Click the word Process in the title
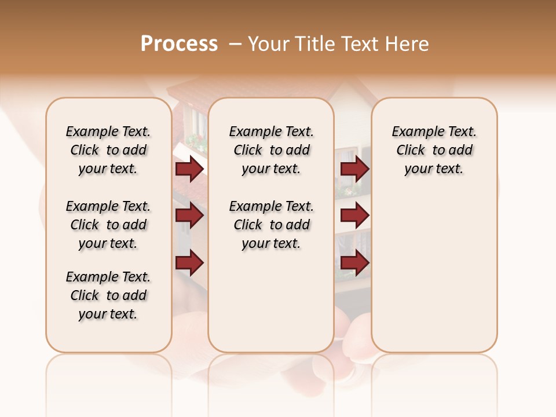[x=179, y=44]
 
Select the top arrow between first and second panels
[x=189, y=169]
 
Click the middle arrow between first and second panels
[x=189, y=216]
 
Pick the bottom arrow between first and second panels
[x=189, y=263]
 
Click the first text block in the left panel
[x=108, y=150]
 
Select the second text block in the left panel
[x=108, y=225]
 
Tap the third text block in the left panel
[x=108, y=295]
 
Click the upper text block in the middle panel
[x=271, y=150]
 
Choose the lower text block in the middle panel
[x=271, y=225]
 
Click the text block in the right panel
[x=434, y=150]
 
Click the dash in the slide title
[x=235, y=44]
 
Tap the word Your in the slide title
[x=269, y=44]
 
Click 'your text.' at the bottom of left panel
[x=108, y=314]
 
